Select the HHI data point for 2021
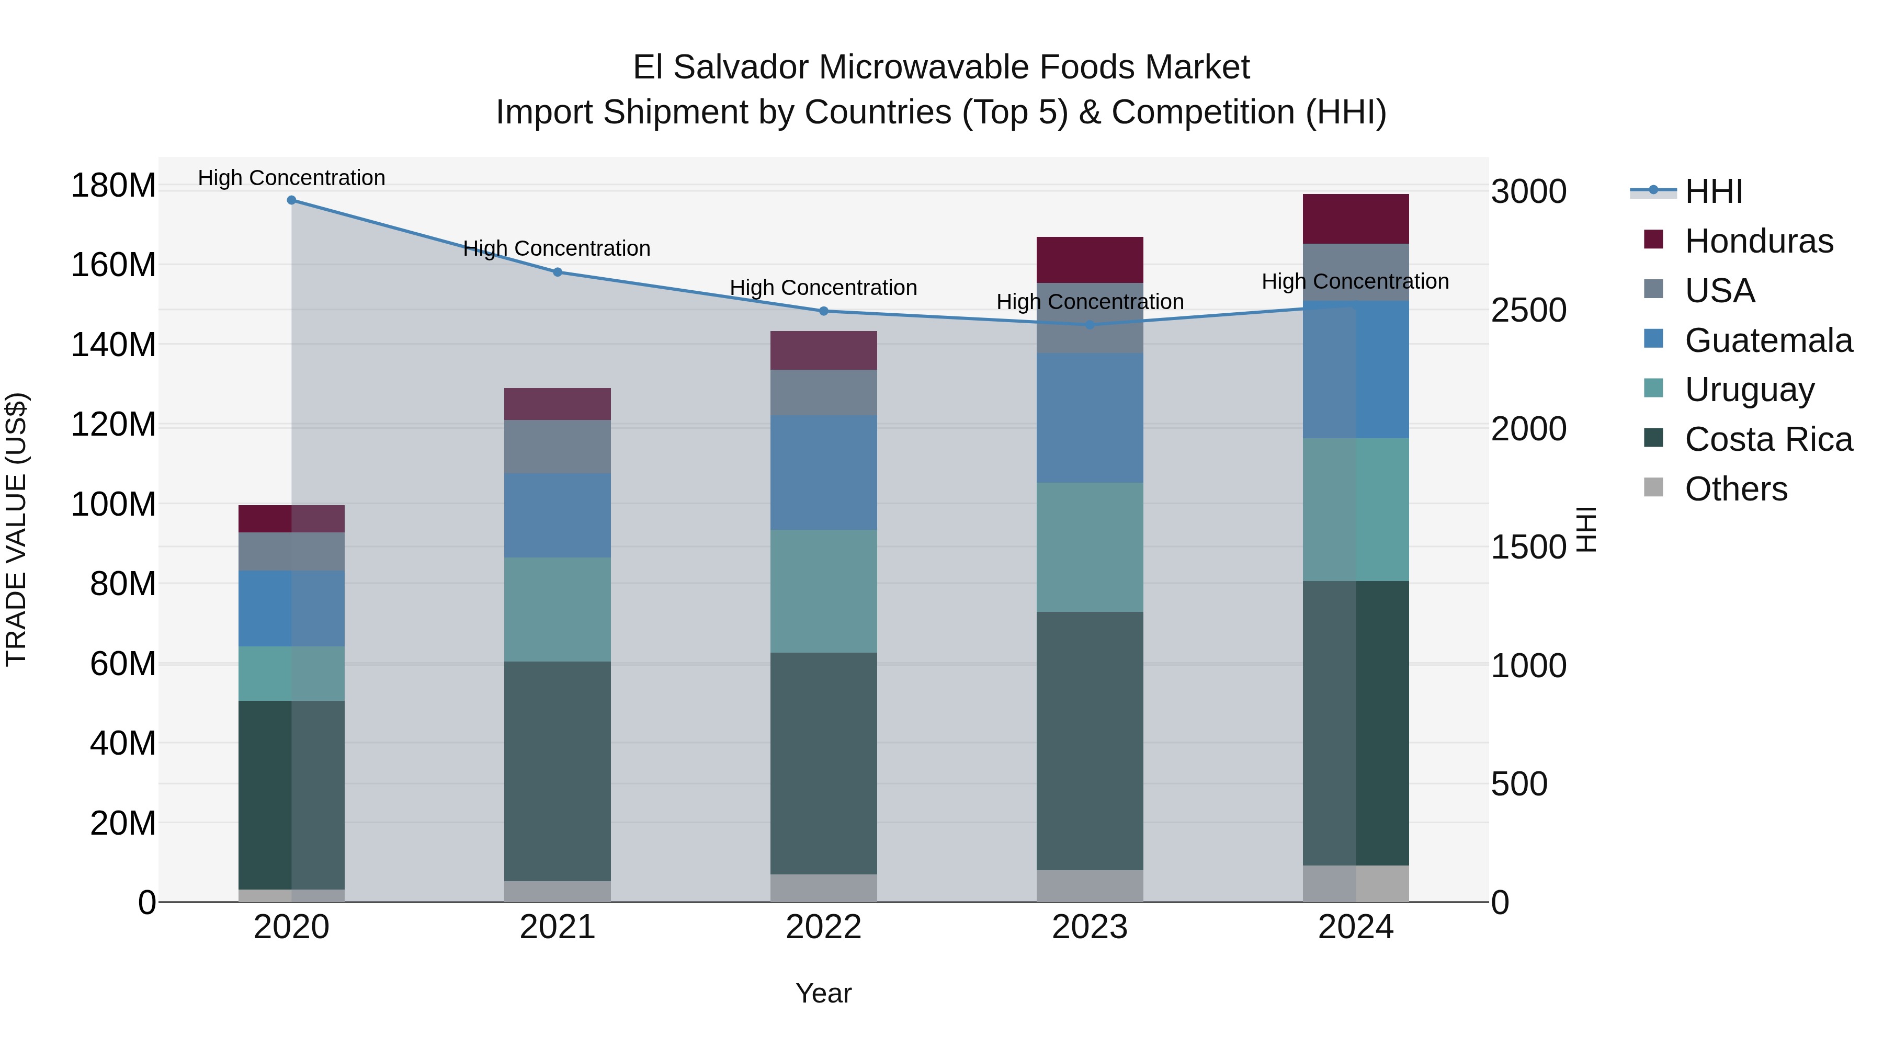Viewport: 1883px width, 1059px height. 557,272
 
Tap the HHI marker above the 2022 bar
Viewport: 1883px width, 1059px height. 823,311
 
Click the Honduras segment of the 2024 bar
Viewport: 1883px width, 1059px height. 1355,219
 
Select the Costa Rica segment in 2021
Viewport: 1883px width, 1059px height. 557,771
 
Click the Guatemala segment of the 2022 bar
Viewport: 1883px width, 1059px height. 823,472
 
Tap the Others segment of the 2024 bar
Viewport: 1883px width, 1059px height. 1355,884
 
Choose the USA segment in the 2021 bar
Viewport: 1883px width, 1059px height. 557,447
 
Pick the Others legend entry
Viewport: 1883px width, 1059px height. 1735,489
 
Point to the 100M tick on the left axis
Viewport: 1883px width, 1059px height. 114,504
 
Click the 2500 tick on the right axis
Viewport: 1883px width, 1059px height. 1528,310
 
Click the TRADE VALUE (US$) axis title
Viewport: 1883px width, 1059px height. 16,529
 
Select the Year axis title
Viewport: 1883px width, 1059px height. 823,993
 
